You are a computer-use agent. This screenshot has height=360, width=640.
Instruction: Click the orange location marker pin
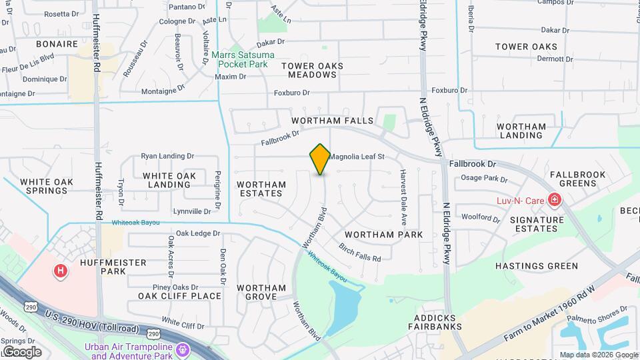click(320, 159)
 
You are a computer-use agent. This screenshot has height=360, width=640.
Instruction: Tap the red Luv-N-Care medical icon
click(553, 199)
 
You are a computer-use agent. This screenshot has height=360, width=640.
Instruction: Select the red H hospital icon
click(61, 271)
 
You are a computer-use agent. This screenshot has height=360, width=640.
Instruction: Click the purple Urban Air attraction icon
click(183, 349)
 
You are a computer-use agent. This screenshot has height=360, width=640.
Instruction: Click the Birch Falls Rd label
click(360, 253)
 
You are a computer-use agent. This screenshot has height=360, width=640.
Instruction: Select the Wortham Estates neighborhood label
click(261, 189)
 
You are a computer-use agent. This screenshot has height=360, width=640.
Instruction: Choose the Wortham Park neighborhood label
click(383, 235)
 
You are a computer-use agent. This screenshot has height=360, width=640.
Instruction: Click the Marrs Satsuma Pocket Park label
click(240, 59)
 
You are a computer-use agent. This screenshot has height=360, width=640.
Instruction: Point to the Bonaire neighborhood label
click(57, 44)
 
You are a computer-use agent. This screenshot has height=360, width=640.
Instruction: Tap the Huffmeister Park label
click(103, 267)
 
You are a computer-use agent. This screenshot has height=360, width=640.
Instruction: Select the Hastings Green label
click(537, 266)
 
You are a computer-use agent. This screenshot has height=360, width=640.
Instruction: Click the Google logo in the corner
click(21, 351)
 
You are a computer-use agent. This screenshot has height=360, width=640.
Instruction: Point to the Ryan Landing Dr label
click(167, 156)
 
